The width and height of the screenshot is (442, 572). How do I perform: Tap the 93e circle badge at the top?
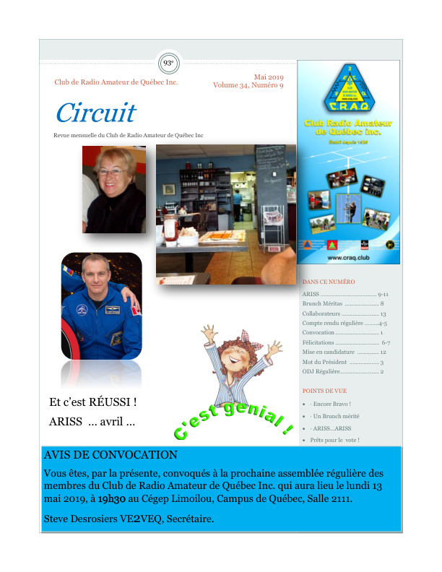[x=169, y=63]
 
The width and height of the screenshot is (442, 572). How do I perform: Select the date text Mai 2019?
[x=269, y=77]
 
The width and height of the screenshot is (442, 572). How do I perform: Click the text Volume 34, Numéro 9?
[x=248, y=85]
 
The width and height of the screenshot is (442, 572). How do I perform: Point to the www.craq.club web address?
[x=349, y=258]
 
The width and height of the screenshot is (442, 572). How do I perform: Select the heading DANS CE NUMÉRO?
[x=329, y=282]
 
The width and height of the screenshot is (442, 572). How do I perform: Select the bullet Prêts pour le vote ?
[x=334, y=439]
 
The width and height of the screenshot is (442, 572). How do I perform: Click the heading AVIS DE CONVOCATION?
[x=110, y=456]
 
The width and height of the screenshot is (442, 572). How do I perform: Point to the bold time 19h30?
[x=112, y=499]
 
